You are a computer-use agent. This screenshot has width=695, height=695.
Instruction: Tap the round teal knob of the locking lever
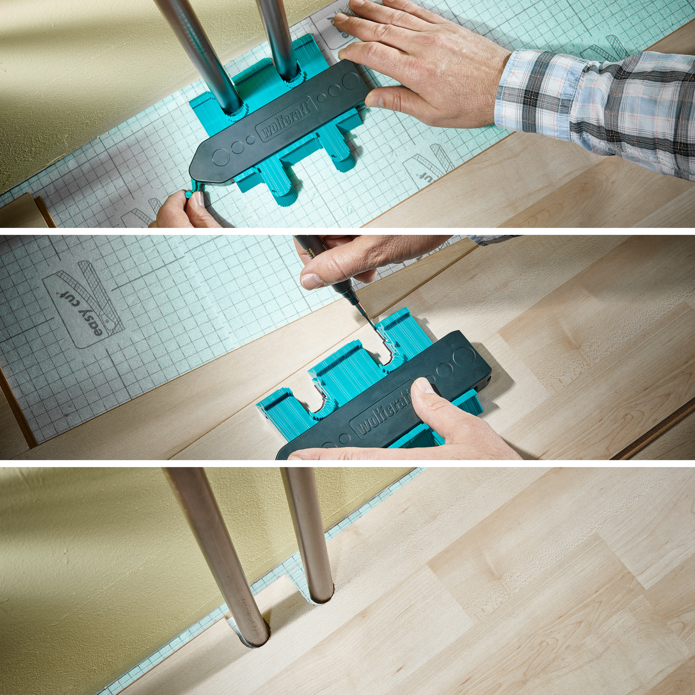pos(188,194)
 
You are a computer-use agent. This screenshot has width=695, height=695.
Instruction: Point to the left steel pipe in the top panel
pos(202,54)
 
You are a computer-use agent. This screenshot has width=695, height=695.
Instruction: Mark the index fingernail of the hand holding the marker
pos(311,280)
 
